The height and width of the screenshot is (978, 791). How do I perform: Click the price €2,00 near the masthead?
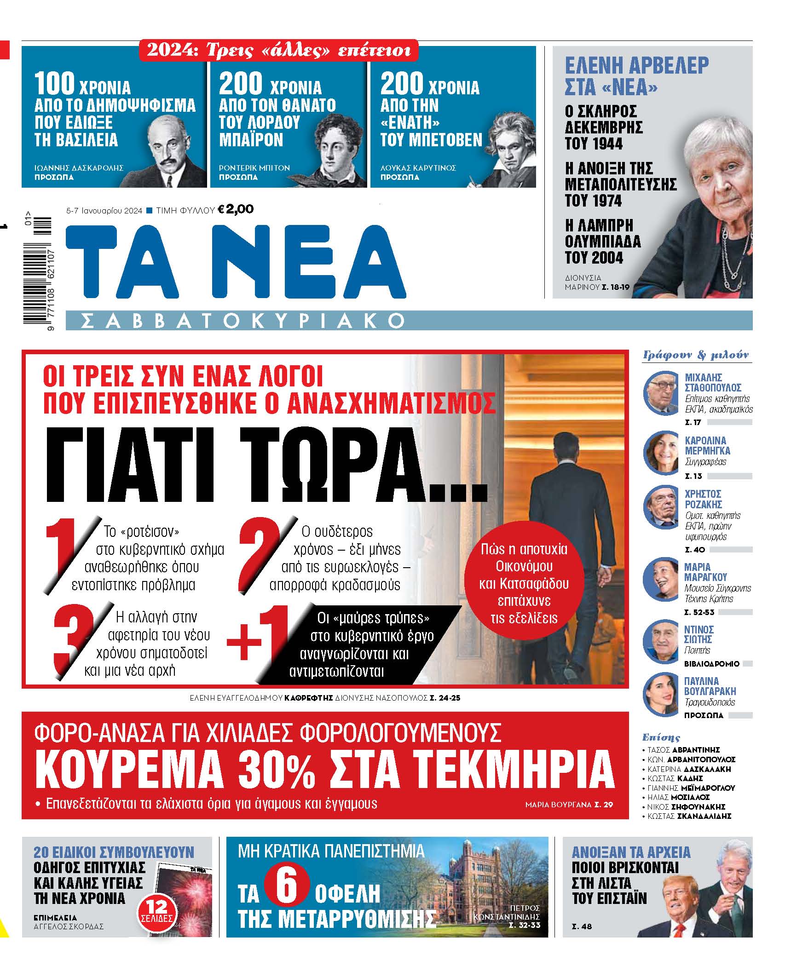[235, 209]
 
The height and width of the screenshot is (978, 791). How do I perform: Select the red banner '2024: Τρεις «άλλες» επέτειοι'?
[278, 50]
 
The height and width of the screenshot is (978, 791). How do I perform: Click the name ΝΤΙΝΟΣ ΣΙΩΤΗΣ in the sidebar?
[699, 634]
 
